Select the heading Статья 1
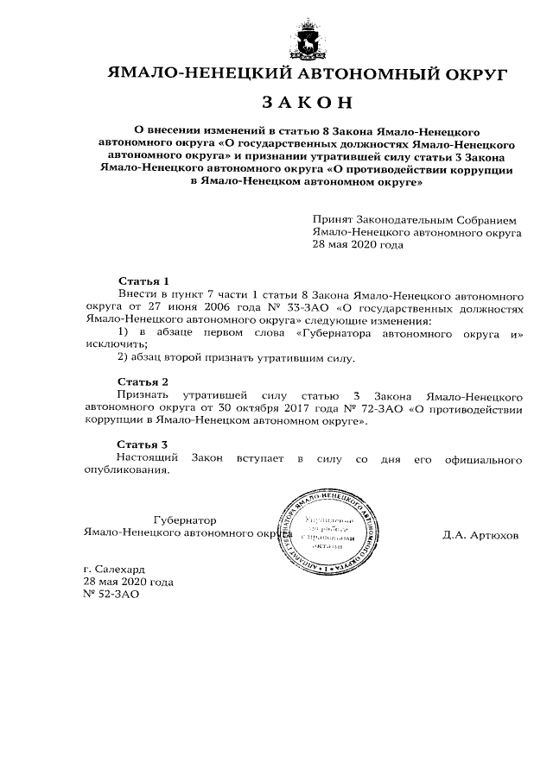(143, 282)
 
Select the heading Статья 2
(143, 381)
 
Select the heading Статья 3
(143, 444)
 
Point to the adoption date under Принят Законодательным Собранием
(358, 244)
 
